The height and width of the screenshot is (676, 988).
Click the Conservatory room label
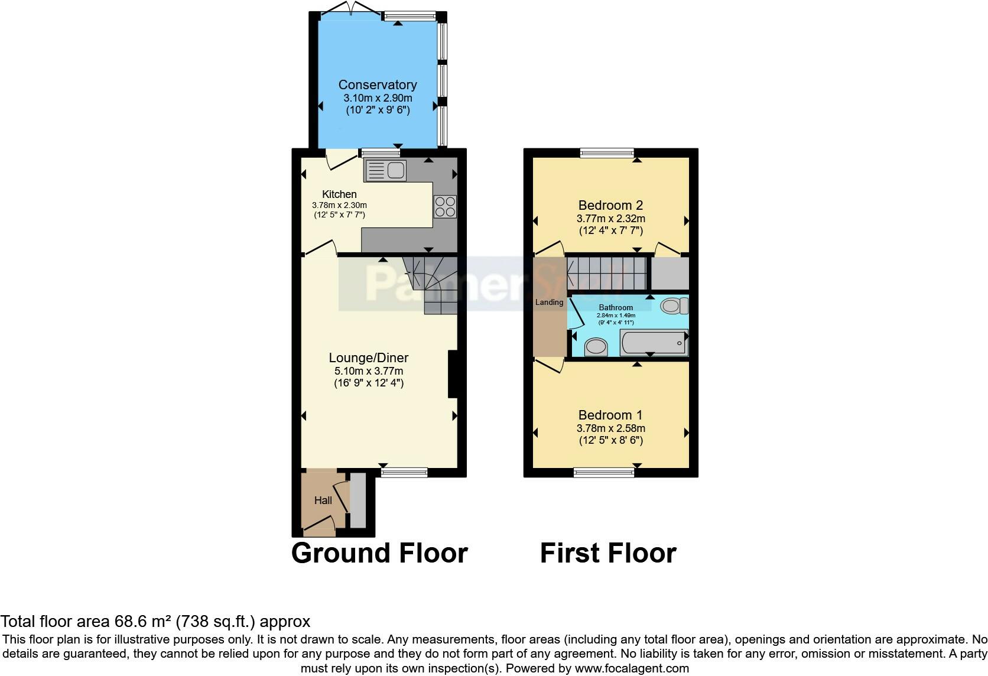tap(378, 84)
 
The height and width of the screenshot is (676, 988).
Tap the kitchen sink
tap(385, 170)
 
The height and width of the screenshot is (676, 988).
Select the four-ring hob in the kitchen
tap(445, 207)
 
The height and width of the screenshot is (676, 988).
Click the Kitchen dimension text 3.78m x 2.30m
tap(339, 205)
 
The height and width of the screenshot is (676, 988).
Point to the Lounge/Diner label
tap(369, 357)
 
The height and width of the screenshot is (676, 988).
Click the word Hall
tap(323, 500)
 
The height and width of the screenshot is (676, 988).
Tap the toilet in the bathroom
tap(674, 305)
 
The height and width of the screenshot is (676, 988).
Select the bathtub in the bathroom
tap(654, 343)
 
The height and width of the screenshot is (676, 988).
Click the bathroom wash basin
tap(596, 347)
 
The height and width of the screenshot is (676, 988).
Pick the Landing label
tap(549, 302)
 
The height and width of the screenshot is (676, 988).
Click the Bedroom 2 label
tap(610, 205)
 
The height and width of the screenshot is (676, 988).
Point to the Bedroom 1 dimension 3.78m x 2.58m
tap(611, 428)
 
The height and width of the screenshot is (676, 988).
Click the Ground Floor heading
tap(379, 553)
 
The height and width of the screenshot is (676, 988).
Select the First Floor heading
tap(608, 553)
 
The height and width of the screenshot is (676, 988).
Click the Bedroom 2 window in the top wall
tap(607, 153)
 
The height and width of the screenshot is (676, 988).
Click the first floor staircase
tap(606, 274)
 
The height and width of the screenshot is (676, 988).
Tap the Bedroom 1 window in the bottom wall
tap(604, 472)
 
